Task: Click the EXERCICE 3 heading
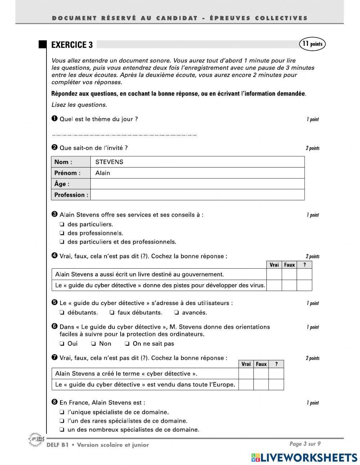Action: coord(72,45)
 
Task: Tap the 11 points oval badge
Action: coord(312,44)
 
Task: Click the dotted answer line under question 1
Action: coord(125,135)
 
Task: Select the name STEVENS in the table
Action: coord(109,162)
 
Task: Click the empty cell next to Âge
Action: coord(197,184)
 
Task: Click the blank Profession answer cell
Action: coord(197,195)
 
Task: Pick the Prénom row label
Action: coord(67,173)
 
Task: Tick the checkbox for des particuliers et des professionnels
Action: coord(62,242)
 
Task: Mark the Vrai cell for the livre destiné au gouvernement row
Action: coord(274,274)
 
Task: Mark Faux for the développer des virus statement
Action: coord(289,286)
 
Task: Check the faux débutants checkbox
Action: coord(112,313)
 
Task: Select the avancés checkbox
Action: coord(177,313)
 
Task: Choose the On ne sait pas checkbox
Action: coord(127,344)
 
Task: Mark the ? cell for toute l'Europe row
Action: coord(276,385)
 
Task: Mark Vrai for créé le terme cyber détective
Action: coord(246,374)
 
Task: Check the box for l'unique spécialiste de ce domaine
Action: coord(62,412)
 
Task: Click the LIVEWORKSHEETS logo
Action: coord(304,457)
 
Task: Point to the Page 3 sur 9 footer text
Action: coord(305,444)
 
